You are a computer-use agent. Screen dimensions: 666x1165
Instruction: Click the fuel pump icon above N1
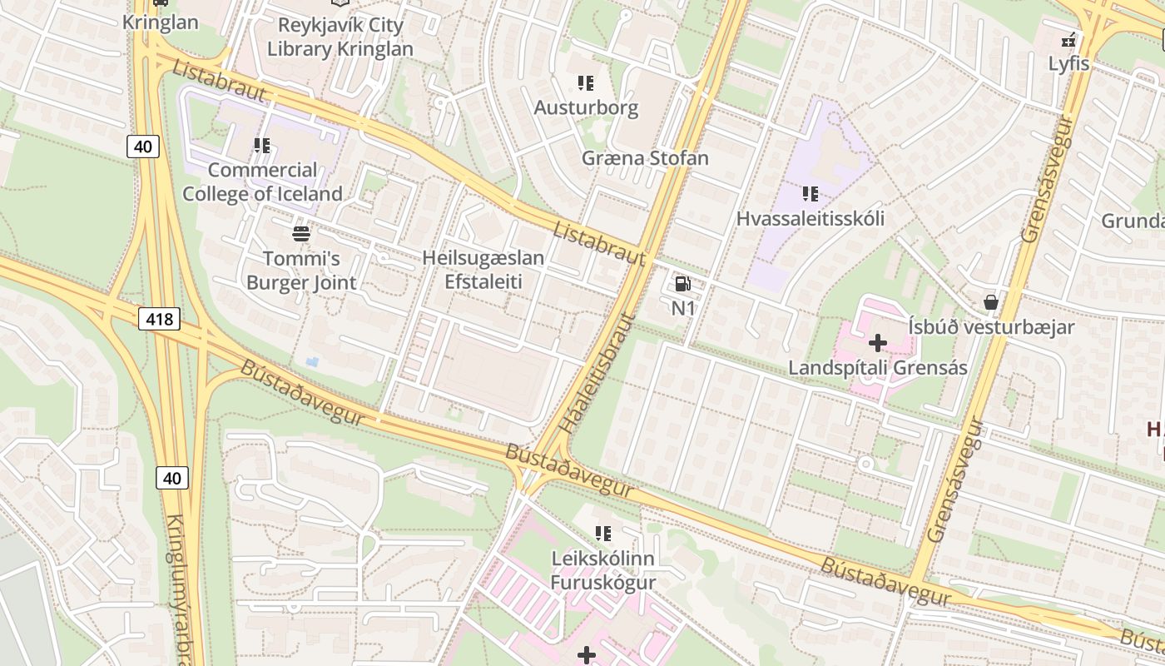point(682,285)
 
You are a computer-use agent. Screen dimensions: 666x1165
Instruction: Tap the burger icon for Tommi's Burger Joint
point(301,234)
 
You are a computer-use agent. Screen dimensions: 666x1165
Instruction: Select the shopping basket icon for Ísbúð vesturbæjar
point(990,302)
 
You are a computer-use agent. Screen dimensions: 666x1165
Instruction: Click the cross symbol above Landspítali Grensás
point(877,343)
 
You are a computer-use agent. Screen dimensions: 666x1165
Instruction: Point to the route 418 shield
point(158,318)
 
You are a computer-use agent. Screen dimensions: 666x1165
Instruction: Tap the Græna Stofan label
point(645,158)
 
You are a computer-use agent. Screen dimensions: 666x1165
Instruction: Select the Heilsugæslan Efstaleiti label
point(483,270)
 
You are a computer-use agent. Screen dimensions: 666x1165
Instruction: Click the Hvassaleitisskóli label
point(810,219)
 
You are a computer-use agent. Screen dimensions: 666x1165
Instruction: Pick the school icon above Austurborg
point(586,83)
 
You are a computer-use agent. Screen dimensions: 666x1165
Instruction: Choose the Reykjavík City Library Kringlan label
point(340,37)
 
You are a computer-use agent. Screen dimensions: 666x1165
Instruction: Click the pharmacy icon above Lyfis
point(1068,40)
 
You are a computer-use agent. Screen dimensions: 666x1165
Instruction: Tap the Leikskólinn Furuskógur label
point(603,570)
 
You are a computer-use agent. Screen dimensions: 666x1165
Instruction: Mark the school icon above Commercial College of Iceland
point(262,146)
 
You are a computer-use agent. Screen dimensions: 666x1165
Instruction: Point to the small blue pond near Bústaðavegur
point(311,362)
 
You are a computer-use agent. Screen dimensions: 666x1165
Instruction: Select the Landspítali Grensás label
point(877,368)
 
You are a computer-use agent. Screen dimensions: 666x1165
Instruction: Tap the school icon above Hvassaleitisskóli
point(810,195)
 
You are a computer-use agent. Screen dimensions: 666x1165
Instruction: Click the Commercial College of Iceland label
point(262,182)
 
